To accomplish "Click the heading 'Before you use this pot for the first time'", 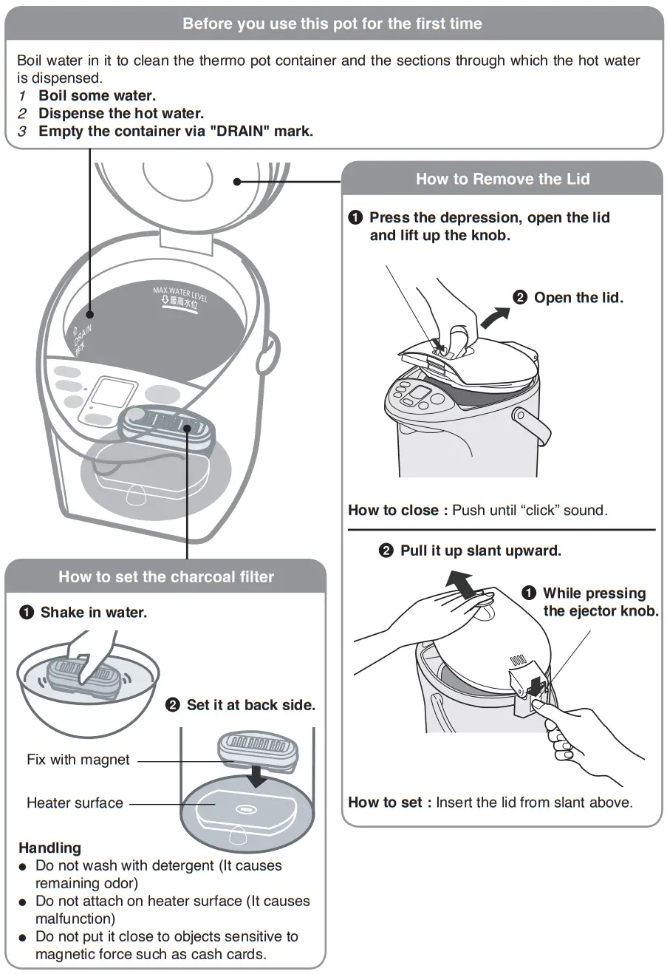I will coord(332,24).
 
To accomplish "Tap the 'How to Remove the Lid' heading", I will coord(502,179).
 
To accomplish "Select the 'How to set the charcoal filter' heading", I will coord(166,577).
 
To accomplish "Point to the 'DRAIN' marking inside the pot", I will coord(82,336).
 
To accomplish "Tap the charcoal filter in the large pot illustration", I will coord(168,425).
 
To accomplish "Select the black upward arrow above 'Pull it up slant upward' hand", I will coord(463,585).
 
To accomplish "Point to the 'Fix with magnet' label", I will coord(78,760).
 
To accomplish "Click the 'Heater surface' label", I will coord(75,803).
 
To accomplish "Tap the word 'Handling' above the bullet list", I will coord(49,848).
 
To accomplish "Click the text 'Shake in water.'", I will coord(94,613).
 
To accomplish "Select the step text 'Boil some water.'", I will coord(97,95).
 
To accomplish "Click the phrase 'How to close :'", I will coord(397,510).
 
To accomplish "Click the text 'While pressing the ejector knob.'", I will coord(600,602).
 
